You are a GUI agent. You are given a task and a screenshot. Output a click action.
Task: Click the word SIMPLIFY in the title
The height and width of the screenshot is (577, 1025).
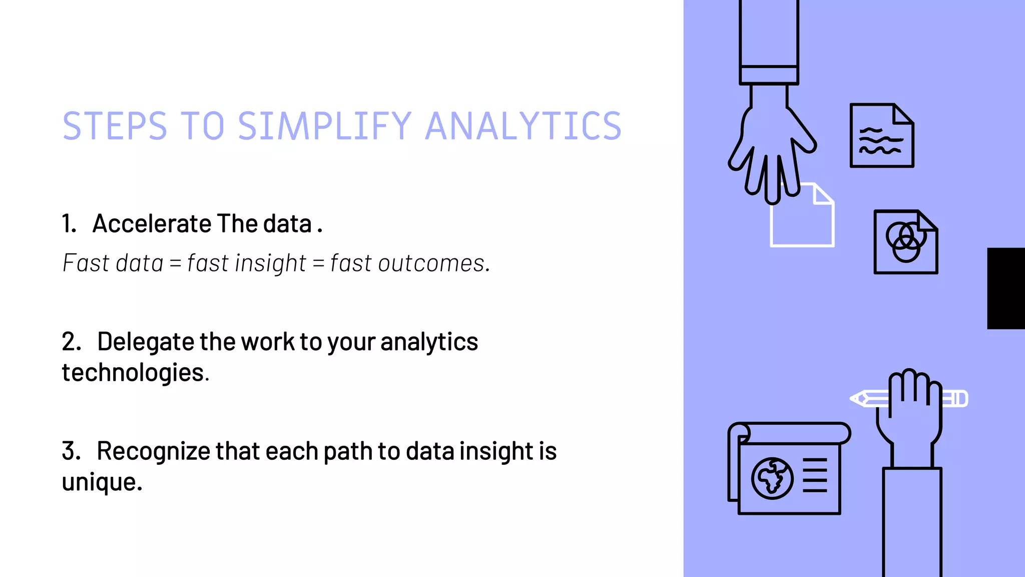click(x=324, y=126)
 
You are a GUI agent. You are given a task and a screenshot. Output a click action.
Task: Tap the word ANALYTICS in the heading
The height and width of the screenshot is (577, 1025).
click(x=523, y=126)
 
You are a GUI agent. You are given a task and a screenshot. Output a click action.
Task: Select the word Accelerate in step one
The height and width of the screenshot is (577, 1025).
click(x=152, y=223)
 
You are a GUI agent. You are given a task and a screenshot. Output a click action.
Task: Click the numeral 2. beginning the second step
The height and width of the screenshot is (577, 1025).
click(x=72, y=342)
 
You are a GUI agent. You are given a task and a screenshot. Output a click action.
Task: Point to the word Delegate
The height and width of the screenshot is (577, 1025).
click(x=145, y=342)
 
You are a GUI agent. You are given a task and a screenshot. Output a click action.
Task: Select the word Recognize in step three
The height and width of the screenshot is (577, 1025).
click(x=153, y=451)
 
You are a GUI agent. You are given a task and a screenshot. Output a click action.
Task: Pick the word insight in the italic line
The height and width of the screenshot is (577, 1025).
click(x=270, y=263)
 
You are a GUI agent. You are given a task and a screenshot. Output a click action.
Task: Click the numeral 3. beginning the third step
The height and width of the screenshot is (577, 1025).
click(x=72, y=451)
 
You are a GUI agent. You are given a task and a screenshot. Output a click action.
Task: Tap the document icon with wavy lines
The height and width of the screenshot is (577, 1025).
click(x=881, y=136)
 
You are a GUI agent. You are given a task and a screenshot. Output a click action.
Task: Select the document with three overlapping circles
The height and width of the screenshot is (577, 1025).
click(x=905, y=242)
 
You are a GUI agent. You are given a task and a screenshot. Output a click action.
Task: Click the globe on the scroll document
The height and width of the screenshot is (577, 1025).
click(x=772, y=478)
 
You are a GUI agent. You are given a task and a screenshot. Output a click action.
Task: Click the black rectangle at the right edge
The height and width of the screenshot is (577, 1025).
click(x=1006, y=288)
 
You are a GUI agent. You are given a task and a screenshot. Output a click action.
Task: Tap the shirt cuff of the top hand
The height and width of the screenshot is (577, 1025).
click(x=769, y=75)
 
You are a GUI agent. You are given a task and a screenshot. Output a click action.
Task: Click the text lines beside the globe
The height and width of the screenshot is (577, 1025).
click(x=815, y=475)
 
